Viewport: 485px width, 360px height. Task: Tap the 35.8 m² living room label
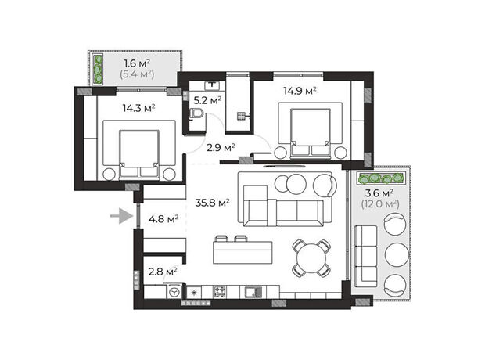[212, 203]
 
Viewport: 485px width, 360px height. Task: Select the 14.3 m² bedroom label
[139, 108]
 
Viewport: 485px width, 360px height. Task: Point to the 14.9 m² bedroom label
[300, 91]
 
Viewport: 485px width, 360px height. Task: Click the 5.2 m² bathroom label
[207, 100]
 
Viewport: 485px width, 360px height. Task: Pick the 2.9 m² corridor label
[221, 147]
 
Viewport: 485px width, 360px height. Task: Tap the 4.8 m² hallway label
[163, 219]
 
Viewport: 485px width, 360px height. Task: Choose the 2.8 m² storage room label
[163, 272]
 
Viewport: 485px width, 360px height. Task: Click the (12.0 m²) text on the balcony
[380, 204]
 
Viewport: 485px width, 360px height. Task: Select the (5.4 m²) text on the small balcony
[137, 74]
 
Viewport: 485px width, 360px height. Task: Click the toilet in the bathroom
[196, 113]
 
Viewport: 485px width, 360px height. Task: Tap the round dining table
[311, 257]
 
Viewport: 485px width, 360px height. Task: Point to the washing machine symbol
[174, 292]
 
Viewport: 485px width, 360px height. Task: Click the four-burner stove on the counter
[220, 292]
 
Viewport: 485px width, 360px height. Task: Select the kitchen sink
[253, 292]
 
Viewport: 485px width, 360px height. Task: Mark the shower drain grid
[241, 116]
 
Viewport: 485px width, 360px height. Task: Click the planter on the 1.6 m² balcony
[99, 70]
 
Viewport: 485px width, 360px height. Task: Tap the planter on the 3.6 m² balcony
[381, 178]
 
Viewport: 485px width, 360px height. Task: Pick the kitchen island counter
[242, 252]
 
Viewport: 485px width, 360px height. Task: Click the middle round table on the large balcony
[397, 254]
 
